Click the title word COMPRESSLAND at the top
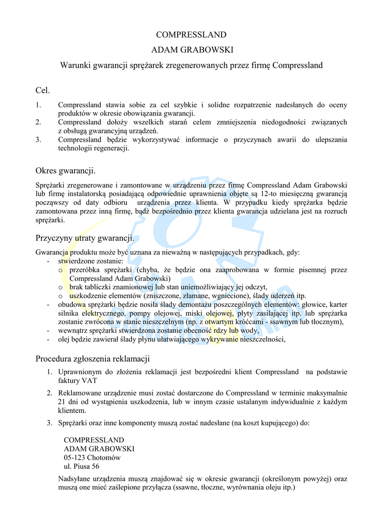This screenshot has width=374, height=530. [x=191, y=35]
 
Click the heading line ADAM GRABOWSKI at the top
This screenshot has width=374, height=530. [x=191, y=50]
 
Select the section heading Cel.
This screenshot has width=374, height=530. [x=42, y=91]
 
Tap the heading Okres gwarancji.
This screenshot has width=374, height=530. [x=66, y=170]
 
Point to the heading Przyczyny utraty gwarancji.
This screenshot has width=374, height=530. [x=85, y=239]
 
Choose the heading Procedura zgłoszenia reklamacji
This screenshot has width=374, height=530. [x=92, y=359]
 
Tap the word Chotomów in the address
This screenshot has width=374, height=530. [x=104, y=458]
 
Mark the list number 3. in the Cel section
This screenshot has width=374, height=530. [x=38, y=140]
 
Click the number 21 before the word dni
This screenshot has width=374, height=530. [x=63, y=402]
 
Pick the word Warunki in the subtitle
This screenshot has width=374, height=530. [x=74, y=66]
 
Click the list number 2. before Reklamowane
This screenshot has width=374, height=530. [x=50, y=393]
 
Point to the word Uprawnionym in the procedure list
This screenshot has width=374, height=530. [x=80, y=372]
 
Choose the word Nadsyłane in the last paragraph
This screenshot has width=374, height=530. [x=75, y=479]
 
